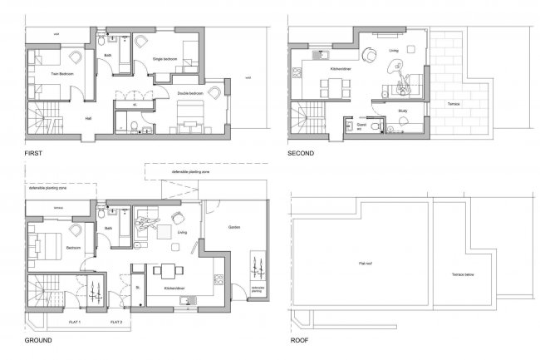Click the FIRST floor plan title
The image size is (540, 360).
[x=37, y=155]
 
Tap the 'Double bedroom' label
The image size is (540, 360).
[x=189, y=94]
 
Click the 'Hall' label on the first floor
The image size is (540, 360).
[x=87, y=117]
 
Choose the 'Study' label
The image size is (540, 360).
[x=403, y=109]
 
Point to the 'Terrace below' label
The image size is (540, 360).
[x=464, y=274]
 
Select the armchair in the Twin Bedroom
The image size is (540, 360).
[x=76, y=56]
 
